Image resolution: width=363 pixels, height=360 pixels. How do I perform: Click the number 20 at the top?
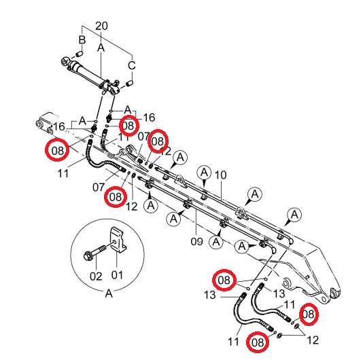pos(101,26)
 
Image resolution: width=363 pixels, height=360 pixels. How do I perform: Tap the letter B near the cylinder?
pos(82,40)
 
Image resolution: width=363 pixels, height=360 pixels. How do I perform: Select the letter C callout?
pos(132,65)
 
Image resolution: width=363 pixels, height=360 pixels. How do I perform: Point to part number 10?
pos(221,175)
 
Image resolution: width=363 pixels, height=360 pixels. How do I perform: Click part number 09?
pos(196,242)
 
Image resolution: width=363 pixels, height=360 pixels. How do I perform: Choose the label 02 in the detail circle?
pos(96,276)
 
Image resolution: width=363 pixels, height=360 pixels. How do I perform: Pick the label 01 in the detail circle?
pos(117,275)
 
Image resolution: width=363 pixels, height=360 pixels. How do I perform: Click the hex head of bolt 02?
pos(88,255)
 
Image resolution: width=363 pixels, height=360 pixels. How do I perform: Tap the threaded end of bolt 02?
pos(103,249)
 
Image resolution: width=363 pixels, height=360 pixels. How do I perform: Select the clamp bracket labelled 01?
pos(118,240)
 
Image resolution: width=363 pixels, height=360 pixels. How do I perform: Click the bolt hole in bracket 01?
pos(115,242)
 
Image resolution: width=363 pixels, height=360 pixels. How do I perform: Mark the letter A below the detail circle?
pos(109,293)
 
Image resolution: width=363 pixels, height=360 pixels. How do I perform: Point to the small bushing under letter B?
pos(80,54)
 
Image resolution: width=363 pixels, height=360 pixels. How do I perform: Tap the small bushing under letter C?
pos(129,83)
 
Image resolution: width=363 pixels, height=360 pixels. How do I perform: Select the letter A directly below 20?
pos(101,48)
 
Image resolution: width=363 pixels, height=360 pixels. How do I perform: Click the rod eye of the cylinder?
pos(65,62)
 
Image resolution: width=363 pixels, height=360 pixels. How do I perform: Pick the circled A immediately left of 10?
pos(204,173)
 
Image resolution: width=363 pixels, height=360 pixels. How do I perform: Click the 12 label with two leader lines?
pos(313,340)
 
